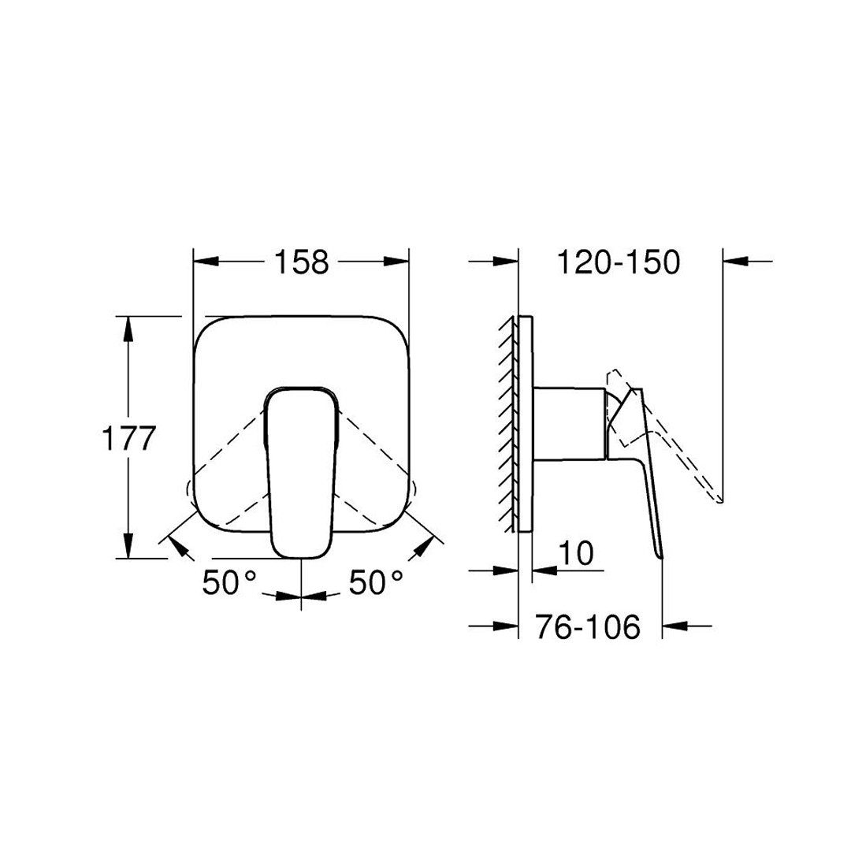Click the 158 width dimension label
[301, 262]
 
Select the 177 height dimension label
[129, 438]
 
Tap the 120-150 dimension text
[619, 262]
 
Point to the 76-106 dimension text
[588, 627]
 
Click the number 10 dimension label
[576, 554]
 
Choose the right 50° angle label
[376, 582]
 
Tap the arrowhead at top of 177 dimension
[128, 329]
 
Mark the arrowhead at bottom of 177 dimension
[128, 546]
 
